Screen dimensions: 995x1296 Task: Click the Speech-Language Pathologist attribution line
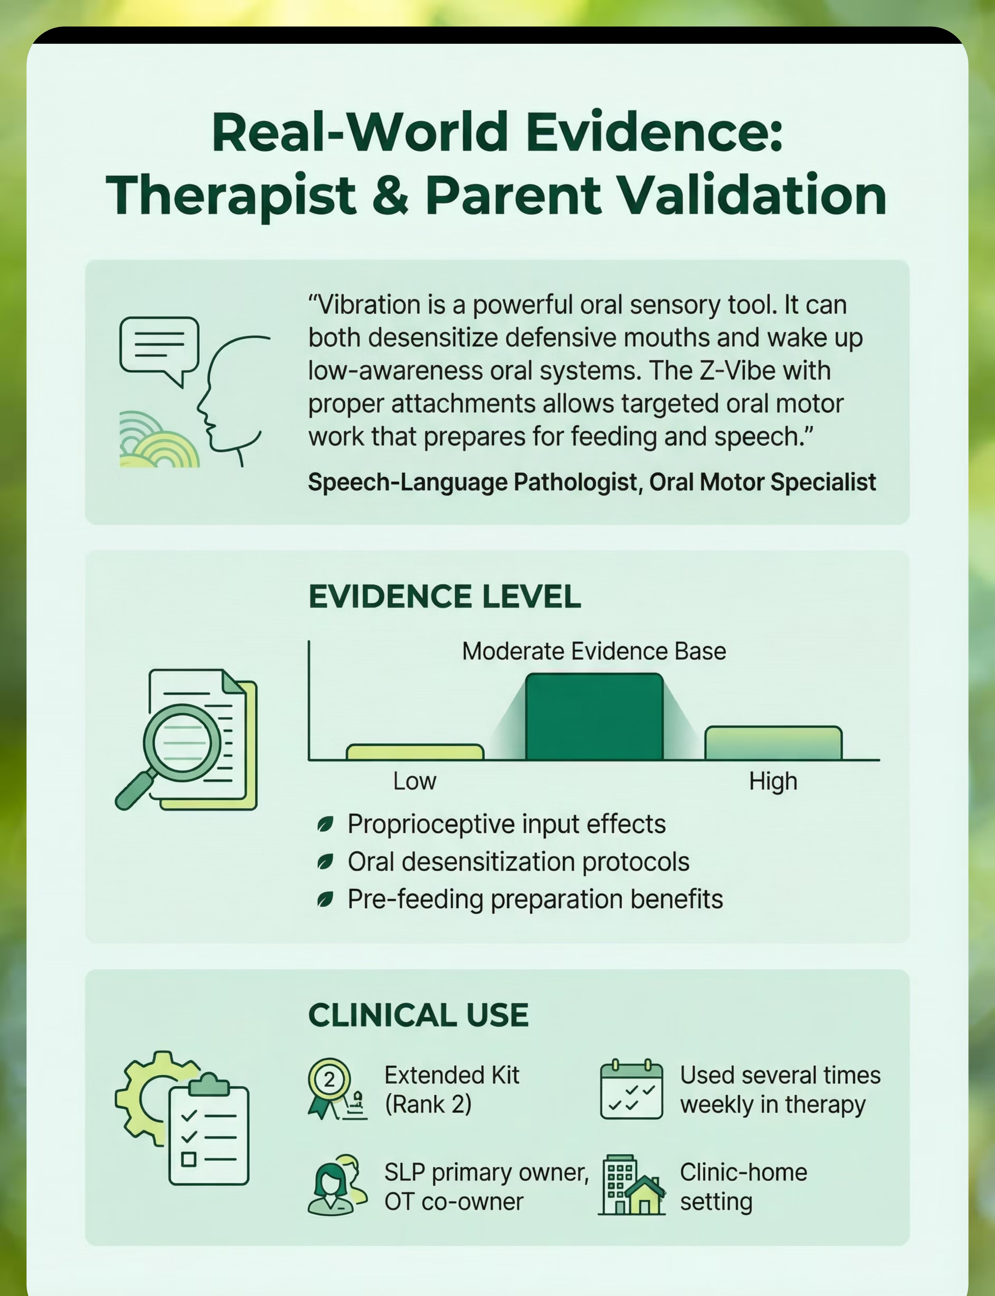tap(592, 482)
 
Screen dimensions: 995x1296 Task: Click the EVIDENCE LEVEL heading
tap(445, 596)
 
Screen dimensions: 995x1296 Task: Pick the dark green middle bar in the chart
tap(594, 717)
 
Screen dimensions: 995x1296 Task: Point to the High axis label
tap(773, 782)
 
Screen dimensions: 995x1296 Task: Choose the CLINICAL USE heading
tap(418, 1015)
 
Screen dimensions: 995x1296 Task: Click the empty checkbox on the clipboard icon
tap(188, 1159)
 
